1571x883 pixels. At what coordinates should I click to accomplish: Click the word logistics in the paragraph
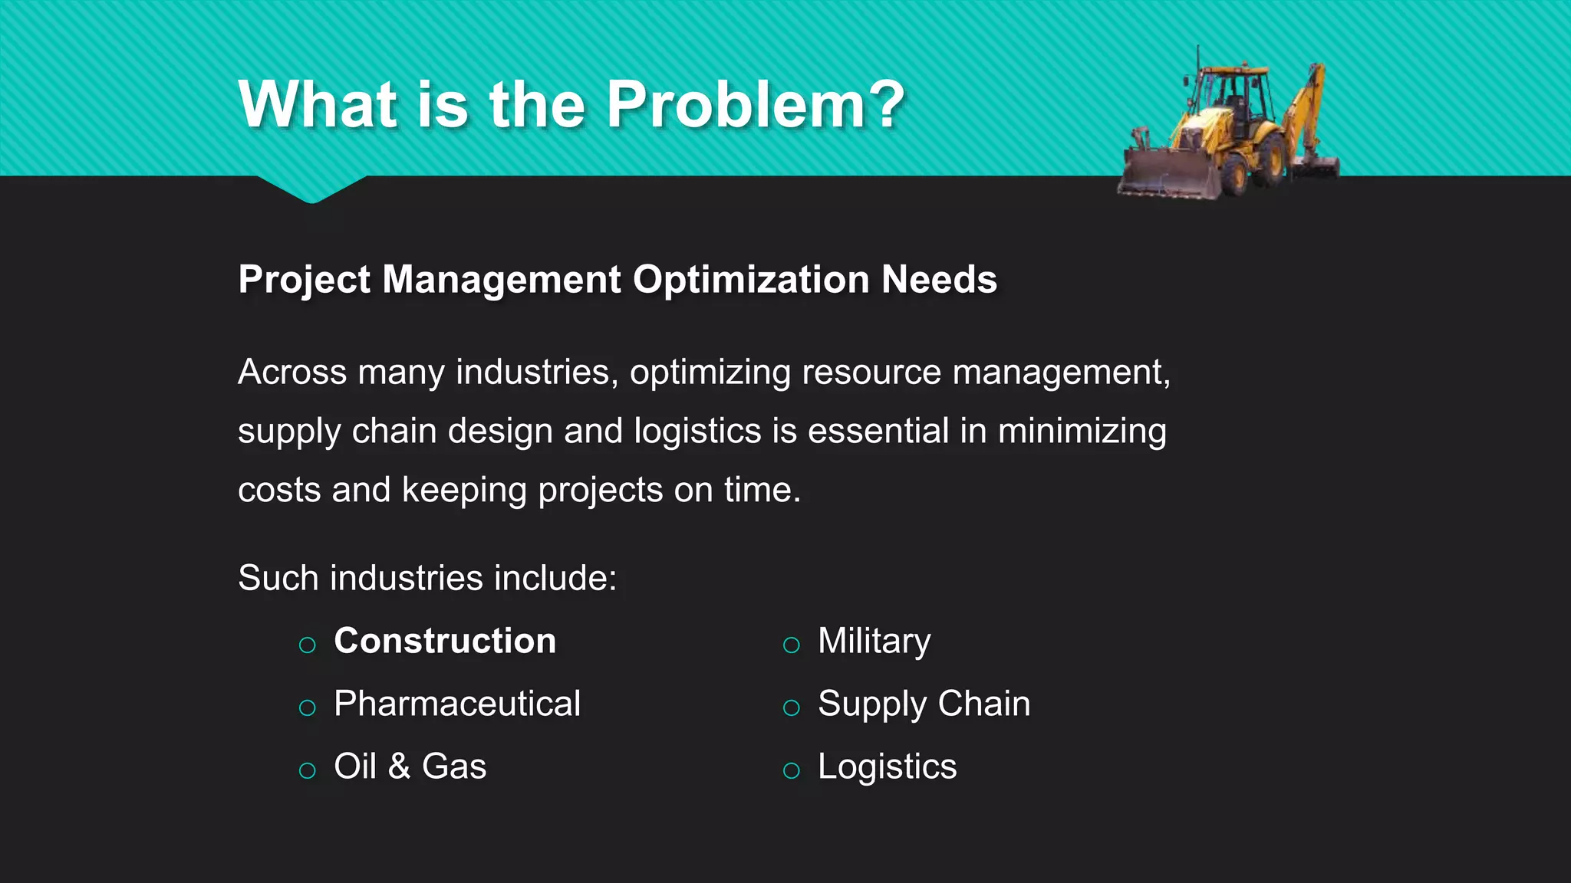click(x=697, y=432)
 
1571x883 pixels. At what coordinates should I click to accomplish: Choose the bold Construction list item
click(x=445, y=641)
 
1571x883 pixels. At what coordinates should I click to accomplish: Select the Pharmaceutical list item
click(x=457, y=704)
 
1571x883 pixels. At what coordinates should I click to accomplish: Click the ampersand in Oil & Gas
click(x=399, y=766)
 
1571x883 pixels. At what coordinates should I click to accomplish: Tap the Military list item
click(x=874, y=641)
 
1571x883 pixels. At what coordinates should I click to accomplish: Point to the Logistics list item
click(x=887, y=766)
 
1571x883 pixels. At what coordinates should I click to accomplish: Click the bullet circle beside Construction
click(x=308, y=645)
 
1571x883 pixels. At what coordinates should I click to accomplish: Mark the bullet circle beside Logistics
click(x=791, y=770)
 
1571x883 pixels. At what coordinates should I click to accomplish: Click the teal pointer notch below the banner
click(x=312, y=189)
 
